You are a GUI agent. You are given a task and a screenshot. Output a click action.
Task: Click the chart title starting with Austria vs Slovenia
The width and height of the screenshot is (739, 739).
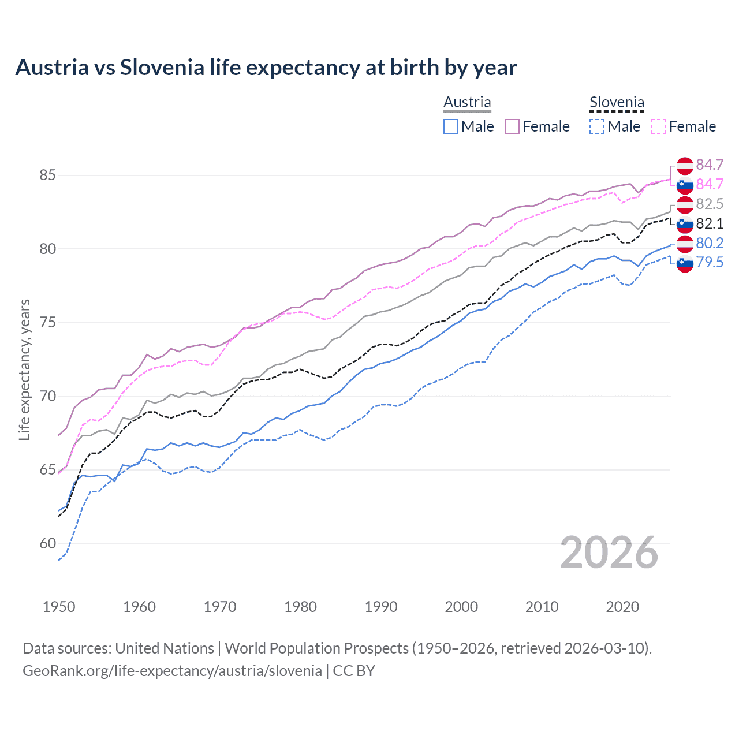pyautogui.click(x=266, y=68)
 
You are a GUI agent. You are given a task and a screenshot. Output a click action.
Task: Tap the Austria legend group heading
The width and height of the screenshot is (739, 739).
pyautogui.click(x=467, y=102)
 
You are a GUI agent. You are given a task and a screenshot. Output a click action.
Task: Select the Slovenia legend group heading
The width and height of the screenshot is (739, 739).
pyautogui.click(x=617, y=103)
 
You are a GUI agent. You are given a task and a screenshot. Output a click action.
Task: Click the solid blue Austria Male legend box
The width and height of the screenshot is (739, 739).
pyautogui.click(x=451, y=126)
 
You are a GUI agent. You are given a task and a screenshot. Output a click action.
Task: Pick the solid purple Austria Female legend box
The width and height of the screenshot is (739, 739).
pyautogui.click(x=512, y=126)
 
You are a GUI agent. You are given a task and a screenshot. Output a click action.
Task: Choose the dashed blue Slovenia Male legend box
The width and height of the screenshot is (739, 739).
pyautogui.click(x=597, y=126)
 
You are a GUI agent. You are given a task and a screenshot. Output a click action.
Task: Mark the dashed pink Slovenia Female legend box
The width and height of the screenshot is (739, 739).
pyautogui.click(x=659, y=126)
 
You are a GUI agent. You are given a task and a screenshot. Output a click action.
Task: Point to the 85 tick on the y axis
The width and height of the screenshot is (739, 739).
pyautogui.click(x=47, y=175)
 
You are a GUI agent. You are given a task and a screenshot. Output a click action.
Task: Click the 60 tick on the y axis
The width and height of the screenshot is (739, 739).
pyautogui.click(x=47, y=543)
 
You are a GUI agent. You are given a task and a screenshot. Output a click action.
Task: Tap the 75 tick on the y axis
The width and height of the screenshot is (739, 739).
pyautogui.click(x=47, y=322)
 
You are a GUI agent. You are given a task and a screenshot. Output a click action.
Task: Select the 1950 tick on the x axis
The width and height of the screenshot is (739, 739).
pyautogui.click(x=59, y=607)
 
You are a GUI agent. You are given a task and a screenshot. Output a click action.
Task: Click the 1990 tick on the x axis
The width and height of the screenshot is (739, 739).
pyautogui.click(x=381, y=607)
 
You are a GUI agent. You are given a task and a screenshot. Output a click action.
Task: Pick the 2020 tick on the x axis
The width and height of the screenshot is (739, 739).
pyautogui.click(x=622, y=607)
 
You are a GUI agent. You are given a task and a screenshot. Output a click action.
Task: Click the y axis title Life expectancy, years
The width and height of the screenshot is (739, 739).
pyautogui.click(x=25, y=369)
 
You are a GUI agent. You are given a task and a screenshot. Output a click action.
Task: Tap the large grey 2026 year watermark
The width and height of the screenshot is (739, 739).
pyautogui.click(x=609, y=553)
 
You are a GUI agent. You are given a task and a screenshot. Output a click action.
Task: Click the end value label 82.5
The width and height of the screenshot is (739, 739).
pyautogui.click(x=710, y=204)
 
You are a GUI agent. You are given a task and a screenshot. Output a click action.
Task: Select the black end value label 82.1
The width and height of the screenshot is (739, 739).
pyautogui.click(x=710, y=223)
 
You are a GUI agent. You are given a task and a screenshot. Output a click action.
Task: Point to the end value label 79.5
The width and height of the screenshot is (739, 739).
pyautogui.click(x=710, y=263)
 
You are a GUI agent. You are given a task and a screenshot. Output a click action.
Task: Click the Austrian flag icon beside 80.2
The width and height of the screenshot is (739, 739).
pyautogui.click(x=685, y=243)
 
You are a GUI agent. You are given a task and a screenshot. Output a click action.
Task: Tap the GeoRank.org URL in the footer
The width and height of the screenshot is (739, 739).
pyautogui.click(x=172, y=671)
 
